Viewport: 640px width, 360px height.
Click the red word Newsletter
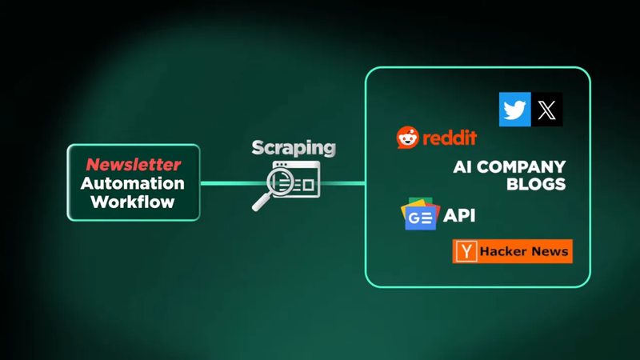click(134, 165)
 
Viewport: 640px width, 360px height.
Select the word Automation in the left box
click(133, 183)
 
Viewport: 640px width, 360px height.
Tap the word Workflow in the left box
click(133, 202)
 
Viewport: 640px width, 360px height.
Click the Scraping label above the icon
click(294, 148)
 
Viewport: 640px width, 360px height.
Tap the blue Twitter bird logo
click(515, 110)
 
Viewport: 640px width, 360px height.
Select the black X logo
click(547, 110)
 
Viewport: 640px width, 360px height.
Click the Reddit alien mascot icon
click(407, 138)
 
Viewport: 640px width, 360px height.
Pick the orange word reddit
click(450, 138)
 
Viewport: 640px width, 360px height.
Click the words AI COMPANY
click(509, 167)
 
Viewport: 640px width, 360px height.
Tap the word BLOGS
click(536, 184)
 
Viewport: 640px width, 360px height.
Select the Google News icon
click(419, 214)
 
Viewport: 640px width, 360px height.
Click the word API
click(460, 215)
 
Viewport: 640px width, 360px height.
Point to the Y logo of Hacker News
click(466, 251)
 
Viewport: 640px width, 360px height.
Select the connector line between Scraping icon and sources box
click(342, 183)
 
